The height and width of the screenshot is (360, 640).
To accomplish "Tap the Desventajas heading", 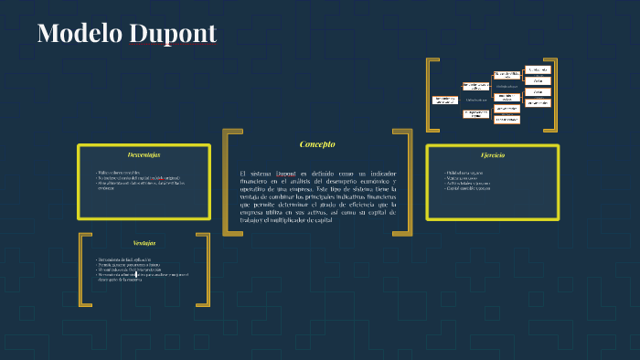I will coord(144,154).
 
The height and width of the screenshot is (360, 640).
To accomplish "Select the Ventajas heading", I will coord(144,243).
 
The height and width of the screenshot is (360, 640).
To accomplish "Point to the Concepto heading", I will coord(317,144).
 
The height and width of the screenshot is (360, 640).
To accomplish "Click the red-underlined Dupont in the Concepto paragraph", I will coord(286,173).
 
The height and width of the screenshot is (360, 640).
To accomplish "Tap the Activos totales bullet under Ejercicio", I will coord(467,184).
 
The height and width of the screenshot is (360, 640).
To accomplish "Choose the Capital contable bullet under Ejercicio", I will coord(469,189).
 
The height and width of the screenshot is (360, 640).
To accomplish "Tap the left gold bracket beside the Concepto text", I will coord(227,182).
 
